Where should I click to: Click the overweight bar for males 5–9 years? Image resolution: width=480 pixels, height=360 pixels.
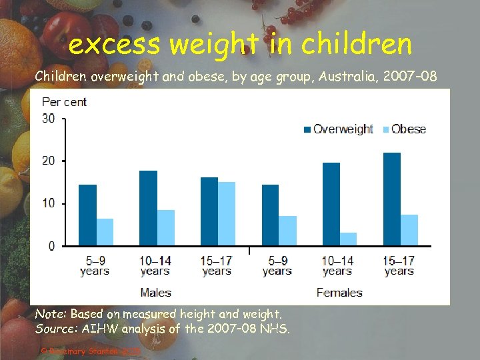[x=87, y=215]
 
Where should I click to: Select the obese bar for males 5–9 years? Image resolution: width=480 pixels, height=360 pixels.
[x=105, y=232]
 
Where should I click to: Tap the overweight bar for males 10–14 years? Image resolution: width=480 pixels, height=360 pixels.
[x=148, y=208]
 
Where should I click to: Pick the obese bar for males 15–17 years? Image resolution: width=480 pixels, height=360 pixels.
[x=227, y=214]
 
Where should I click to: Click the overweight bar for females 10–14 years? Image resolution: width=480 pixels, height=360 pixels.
[x=331, y=204]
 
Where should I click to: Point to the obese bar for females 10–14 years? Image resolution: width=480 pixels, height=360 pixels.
[x=349, y=239]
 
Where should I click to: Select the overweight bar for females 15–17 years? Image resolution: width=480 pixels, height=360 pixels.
[x=392, y=199]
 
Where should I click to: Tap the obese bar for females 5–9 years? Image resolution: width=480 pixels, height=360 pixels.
[x=287, y=231]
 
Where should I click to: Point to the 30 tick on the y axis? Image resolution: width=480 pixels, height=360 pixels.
[x=49, y=119]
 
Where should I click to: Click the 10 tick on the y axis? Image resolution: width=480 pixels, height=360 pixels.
[x=49, y=203]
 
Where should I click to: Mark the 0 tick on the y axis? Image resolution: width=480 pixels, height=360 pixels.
[x=52, y=246]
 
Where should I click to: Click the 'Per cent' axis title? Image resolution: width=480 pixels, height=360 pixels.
[x=64, y=102]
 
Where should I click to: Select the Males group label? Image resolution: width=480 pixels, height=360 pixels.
[x=155, y=292]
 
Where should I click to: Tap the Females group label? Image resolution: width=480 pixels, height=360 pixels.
[x=339, y=292]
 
